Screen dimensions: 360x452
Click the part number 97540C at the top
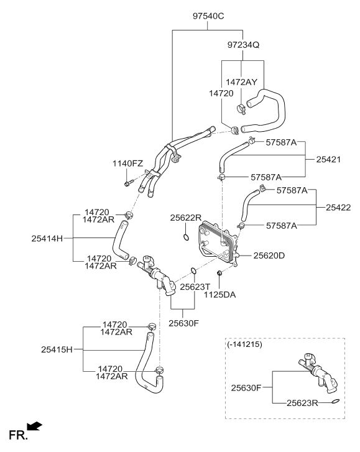pos(208,16)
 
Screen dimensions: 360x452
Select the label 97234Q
pos(243,45)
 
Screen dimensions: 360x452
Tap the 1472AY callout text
pos(241,82)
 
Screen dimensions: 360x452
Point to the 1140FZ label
pos(127,164)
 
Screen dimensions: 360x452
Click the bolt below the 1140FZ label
pos(129,183)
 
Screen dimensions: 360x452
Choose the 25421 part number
pos(328,159)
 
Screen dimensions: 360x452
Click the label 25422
pos(338,208)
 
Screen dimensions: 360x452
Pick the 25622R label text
pos(186,218)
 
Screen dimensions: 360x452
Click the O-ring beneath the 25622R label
pos(186,238)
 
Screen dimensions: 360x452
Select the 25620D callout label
pos(269,256)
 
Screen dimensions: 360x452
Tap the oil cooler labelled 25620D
pos(218,244)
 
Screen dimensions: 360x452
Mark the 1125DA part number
pos(220,295)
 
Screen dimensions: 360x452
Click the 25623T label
pos(195,287)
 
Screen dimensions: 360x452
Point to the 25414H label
pos(47,238)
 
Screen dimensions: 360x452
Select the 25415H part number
pos(57,349)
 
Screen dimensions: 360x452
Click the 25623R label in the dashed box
pos(302,403)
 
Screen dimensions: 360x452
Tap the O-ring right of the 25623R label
pos(336,401)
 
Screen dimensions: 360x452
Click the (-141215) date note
pos(244,344)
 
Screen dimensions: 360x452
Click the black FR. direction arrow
pos(34,426)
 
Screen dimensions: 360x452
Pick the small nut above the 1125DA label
pos(219,272)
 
